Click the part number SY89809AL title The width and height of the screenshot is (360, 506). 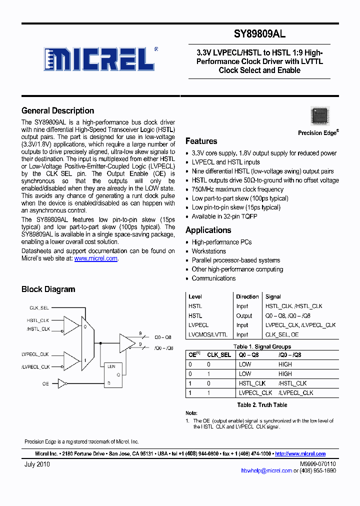coord(259,34)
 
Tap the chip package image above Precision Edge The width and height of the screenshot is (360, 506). coord(319,116)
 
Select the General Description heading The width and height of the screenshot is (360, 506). coord(57,110)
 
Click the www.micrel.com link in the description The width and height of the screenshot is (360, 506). coord(95,258)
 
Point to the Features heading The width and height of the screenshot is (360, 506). coord(201,141)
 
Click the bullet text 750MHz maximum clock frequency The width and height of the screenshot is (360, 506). coord(237,189)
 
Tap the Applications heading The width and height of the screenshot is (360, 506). coord(208,230)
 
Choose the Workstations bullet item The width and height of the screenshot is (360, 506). coord(208,251)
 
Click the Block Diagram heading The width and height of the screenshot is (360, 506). coord(48,289)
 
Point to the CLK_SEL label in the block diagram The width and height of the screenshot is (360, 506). coord(39,308)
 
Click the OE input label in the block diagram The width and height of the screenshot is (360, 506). coord(45,383)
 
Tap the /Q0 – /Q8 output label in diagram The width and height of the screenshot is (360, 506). coord(163,348)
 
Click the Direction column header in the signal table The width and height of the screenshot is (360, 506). coord(247,296)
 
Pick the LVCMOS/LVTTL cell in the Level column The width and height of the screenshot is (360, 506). coord(207,334)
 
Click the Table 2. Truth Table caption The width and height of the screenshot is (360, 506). coord(262,404)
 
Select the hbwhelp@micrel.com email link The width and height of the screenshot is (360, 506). coord(266,470)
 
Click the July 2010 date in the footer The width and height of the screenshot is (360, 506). coord(37,464)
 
